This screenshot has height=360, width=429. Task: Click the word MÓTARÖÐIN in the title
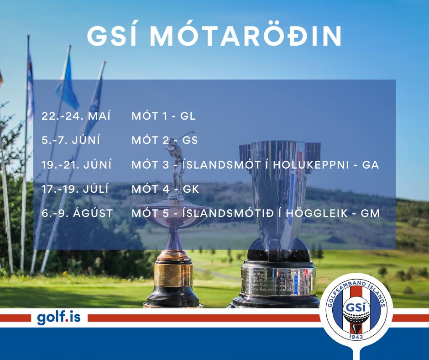coord(246,36)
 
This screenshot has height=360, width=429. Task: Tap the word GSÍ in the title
coord(112,36)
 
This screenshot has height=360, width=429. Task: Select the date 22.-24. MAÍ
coord(76,116)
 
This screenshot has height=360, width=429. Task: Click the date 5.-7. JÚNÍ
coord(71,140)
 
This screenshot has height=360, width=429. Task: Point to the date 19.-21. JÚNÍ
coord(77,164)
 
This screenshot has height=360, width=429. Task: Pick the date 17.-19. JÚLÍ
coord(75,189)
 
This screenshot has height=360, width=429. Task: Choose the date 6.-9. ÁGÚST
coord(78,213)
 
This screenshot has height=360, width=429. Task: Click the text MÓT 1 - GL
coord(163,116)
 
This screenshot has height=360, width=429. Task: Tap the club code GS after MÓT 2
coord(190,140)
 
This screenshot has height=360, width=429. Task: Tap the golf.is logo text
coord(59,318)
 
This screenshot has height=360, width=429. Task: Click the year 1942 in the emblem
coord(356,336)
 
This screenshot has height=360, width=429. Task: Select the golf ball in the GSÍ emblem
coord(356,318)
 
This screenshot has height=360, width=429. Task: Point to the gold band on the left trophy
coord(173,275)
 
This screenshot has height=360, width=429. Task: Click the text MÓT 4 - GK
coord(165,189)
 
